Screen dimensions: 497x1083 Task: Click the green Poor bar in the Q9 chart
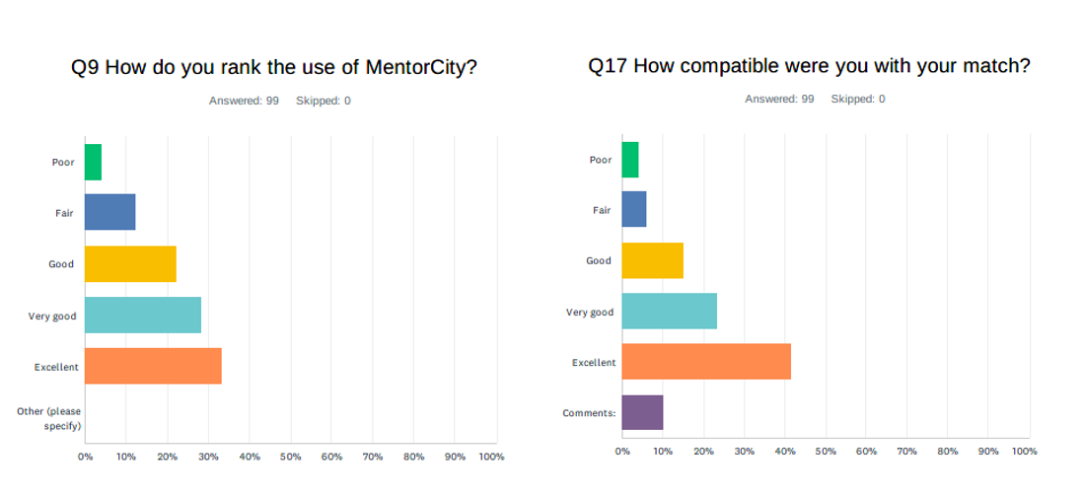tap(93, 162)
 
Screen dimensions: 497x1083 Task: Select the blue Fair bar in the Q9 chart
tap(109, 212)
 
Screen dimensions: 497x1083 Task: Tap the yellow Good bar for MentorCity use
tap(130, 263)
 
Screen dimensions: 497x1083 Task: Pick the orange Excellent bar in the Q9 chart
tap(153, 366)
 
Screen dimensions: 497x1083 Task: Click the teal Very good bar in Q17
tap(669, 312)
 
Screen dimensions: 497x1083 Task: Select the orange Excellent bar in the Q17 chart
tap(706, 362)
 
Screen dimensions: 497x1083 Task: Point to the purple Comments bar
tap(642, 412)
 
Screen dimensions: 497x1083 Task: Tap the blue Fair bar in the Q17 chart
tap(634, 209)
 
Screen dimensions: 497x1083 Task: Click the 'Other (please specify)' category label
tap(49, 418)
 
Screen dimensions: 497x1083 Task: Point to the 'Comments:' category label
tap(589, 413)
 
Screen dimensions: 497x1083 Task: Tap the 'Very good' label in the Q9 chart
tap(52, 316)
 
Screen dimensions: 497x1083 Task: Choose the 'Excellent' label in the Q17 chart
tap(594, 363)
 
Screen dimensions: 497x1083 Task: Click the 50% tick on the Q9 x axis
tap(290, 457)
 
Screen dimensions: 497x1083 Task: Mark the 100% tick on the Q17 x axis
tap(1024, 451)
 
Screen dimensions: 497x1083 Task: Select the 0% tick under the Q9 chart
tap(85, 457)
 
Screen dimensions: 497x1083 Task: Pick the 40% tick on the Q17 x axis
tap(784, 451)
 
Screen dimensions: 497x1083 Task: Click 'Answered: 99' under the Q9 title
tap(244, 101)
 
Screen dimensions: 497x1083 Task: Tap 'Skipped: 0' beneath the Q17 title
tap(858, 99)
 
